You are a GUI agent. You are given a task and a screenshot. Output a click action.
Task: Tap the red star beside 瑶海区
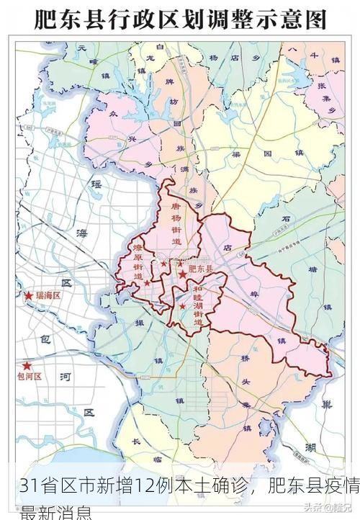point(29,296)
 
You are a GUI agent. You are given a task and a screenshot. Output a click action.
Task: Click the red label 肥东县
point(200,269)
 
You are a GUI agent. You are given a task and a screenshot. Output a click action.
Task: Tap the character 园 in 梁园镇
point(268,154)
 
